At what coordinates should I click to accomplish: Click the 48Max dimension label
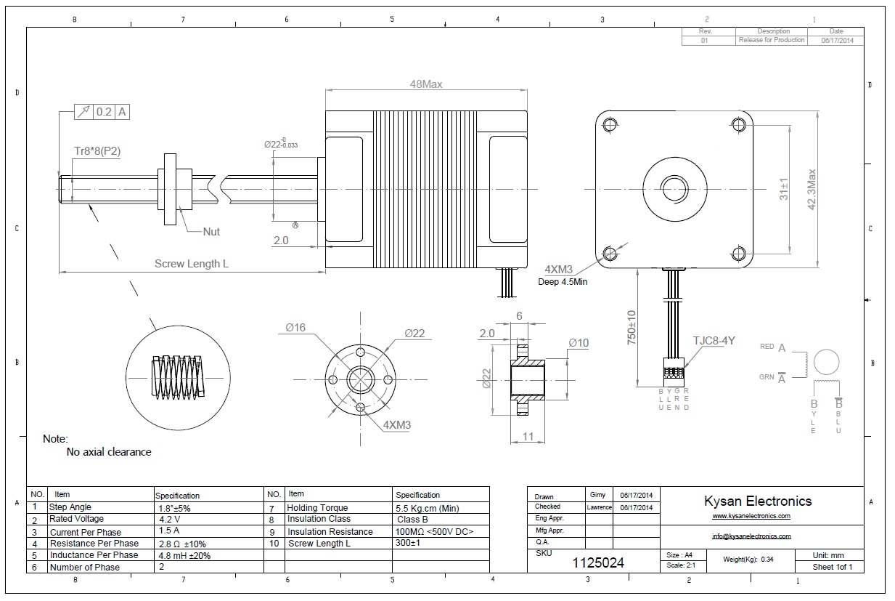pos(425,84)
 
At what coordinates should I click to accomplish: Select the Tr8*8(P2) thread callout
pos(97,151)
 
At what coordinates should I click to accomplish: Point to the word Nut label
pos(211,232)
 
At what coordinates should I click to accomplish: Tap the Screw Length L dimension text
pos(191,264)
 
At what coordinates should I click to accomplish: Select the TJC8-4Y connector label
pos(714,340)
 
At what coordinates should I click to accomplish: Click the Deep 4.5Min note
pos(563,282)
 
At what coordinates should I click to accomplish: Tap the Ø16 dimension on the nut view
pos(295,328)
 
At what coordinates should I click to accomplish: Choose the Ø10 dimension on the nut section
pos(579,342)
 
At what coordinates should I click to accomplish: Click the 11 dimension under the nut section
pos(528,436)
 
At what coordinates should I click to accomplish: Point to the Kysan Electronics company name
pos(758,501)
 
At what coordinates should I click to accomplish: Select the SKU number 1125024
pos(597,562)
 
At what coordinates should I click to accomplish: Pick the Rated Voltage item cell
pos(76,519)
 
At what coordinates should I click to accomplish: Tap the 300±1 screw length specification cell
pos(409,543)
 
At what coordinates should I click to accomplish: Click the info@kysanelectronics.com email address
pos(751,536)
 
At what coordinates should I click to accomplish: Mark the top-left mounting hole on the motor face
pos(610,124)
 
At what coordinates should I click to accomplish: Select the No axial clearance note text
pos(109,452)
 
